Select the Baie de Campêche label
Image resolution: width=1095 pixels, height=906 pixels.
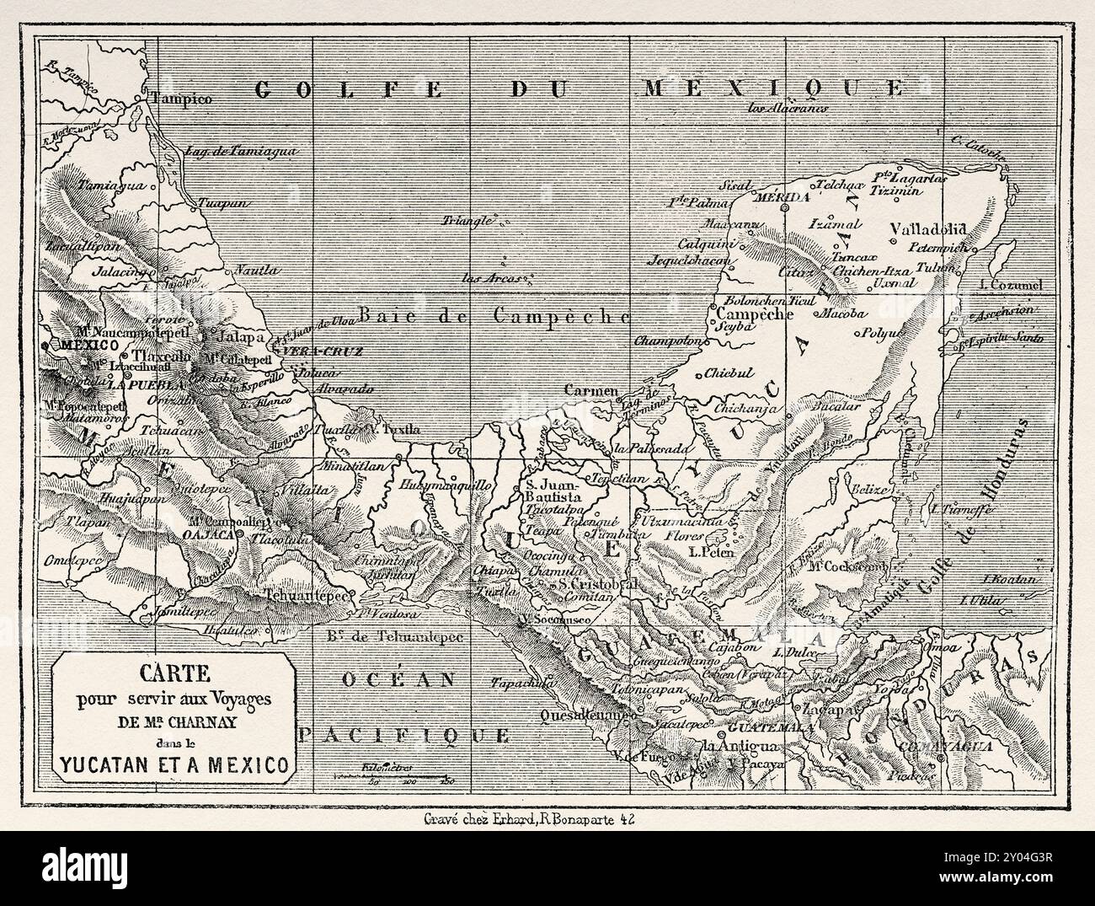495,314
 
